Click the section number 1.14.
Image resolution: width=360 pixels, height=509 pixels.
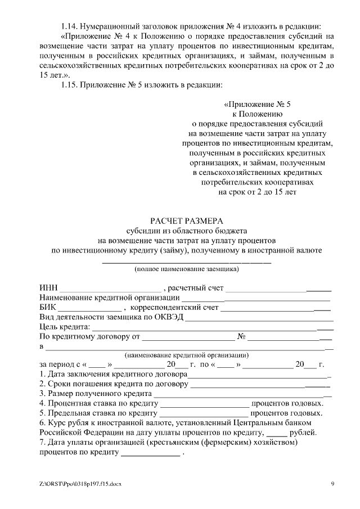point(69,26)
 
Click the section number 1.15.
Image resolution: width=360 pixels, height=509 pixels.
point(69,85)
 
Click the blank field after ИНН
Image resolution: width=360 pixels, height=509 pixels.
point(110,289)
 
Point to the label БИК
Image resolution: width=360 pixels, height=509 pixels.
point(48,308)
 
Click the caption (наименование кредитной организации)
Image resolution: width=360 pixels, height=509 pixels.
point(186,355)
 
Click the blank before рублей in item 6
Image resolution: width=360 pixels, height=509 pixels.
point(276,433)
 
